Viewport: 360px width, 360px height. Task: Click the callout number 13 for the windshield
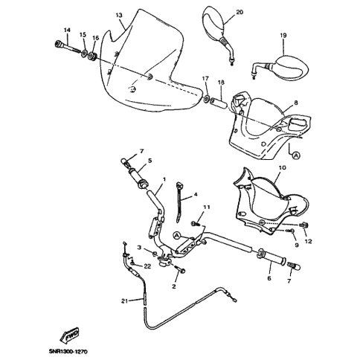119,16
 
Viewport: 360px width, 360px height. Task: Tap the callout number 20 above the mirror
240,12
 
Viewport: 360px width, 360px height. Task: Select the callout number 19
283,36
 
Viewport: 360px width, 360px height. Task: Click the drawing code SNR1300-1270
68,351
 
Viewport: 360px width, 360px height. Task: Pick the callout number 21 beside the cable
125,301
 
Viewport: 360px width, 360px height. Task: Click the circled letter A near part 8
296,155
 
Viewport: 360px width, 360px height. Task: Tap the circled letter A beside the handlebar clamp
176,235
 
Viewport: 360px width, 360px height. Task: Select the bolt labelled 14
67,47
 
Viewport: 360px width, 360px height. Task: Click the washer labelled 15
84,54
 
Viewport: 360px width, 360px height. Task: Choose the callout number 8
296,103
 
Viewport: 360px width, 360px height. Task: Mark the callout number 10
283,167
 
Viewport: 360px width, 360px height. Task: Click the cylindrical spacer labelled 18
218,103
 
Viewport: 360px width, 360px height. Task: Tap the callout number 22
147,266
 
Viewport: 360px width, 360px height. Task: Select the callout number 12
308,241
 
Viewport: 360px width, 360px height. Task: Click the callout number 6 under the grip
269,278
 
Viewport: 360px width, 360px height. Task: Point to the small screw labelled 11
194,224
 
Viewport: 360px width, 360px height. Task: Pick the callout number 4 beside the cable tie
196,194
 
